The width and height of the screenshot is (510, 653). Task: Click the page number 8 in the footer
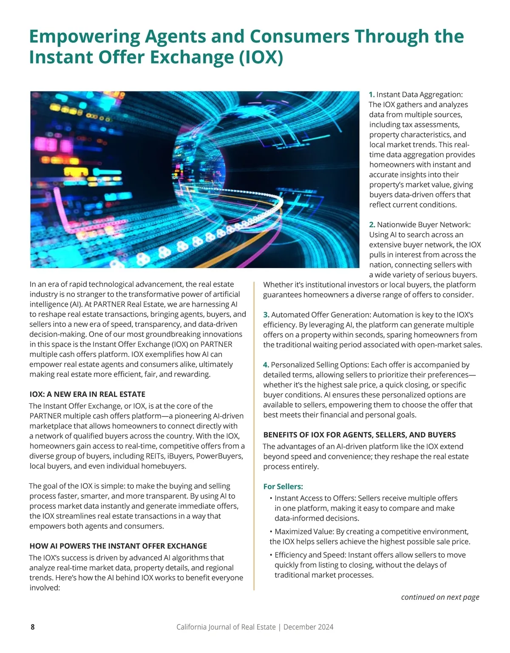point(33,627)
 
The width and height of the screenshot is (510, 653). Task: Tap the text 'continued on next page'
point(440,597)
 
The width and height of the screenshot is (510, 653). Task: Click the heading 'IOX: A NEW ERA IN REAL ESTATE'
point(87,394)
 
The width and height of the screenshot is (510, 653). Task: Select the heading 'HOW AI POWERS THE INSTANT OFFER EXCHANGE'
point(118,546)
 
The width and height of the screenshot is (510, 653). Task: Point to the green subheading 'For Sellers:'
point(283,486)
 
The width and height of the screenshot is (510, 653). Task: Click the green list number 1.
point(371,94)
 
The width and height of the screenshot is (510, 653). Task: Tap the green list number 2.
point(372,225)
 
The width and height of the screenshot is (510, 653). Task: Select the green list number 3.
point(266,315)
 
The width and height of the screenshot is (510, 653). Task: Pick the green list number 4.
point(266,365)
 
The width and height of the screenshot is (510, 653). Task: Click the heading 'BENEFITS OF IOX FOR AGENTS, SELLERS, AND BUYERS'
point(359,435)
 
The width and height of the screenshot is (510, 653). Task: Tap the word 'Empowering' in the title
point(84,37)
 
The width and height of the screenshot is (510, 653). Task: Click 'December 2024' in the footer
point(308,627)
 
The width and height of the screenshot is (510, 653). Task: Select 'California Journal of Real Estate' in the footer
point(226,627)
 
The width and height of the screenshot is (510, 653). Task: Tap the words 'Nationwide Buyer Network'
point(424,225)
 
